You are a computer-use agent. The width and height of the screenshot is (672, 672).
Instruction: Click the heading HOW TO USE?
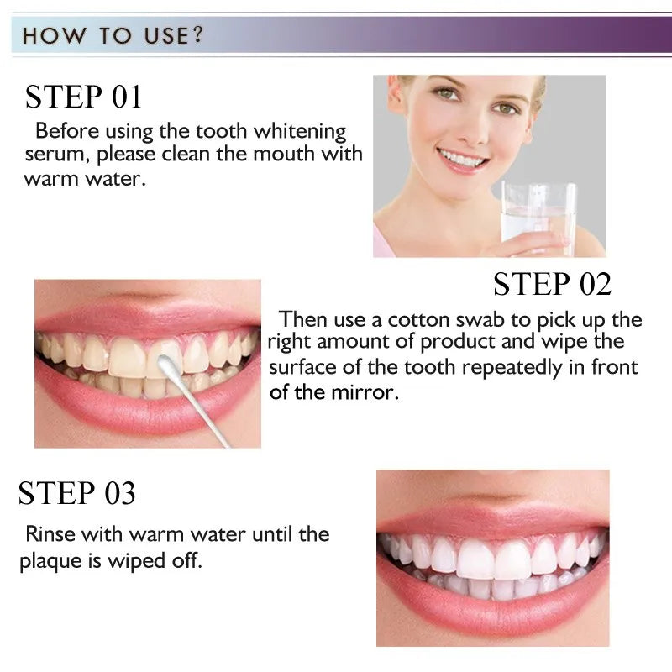click(113, 36)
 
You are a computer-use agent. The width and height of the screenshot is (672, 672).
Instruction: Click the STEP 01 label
click(83, 97)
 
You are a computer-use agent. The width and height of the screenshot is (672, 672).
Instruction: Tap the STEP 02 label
click(552, 284)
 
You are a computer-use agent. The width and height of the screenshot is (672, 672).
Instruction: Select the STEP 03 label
click(76, 493)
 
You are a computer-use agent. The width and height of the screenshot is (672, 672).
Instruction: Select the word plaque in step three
click(53, 561)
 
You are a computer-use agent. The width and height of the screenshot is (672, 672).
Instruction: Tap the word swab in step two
click(486, 320)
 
